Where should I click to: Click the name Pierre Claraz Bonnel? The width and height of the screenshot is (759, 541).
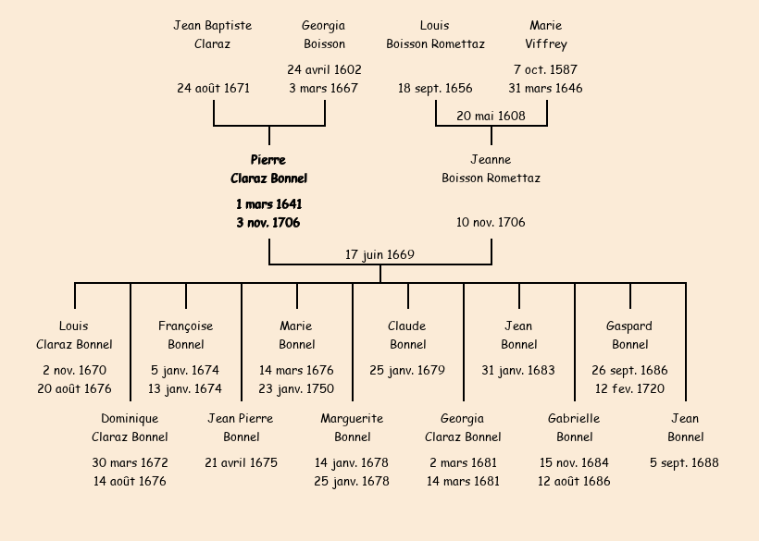268,169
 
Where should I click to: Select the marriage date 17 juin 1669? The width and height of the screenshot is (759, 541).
379,254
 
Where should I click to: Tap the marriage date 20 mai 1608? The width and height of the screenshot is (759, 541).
491,116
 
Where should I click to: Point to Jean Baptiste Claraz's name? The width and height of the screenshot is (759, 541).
213,34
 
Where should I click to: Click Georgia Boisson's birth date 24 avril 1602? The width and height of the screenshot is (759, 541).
324,69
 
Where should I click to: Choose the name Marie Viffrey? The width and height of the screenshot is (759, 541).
546,34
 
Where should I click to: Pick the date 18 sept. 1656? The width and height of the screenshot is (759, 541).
435,89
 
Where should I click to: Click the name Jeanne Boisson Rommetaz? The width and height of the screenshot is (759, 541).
491,169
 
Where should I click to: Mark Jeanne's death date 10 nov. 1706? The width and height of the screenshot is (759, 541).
491,223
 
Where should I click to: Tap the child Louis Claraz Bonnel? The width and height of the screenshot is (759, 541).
74,336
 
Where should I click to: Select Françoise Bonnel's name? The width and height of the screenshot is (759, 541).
185,336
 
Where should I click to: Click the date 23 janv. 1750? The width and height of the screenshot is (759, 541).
296,388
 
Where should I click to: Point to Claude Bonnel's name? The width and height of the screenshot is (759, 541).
407,336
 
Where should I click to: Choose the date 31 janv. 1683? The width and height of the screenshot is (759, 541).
518,370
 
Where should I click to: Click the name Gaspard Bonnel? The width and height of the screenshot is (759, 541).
629,336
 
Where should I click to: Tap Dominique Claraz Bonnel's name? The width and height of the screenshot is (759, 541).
130,428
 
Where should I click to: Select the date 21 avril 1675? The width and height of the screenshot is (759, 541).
241,462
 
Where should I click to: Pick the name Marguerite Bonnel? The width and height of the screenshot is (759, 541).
352,428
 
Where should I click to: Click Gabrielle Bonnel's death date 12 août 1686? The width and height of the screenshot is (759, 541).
574,481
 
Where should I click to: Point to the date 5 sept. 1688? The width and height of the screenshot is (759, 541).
685,462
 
